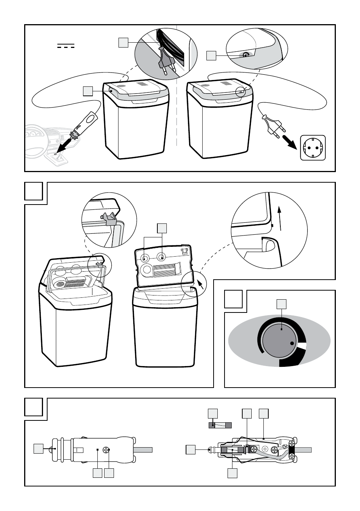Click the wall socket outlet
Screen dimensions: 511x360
click(x=312, y=148)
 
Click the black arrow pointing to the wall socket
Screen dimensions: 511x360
click(x=290, y=143)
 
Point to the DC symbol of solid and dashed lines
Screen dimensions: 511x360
click(x=66, y=46)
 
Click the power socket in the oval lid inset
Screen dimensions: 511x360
click(x=245, y=55)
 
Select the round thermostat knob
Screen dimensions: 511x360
click(x=279, y=340)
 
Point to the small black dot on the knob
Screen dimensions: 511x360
click(x=292, y=343)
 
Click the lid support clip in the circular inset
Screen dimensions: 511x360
click(x=108, y=219)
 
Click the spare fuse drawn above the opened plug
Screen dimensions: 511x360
click(x=220, y=425)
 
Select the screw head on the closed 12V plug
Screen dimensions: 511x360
click(x=106, y=450)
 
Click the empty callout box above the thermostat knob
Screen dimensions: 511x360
click(x=282, y=304)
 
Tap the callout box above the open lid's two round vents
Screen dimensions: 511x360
click(x=162, y=228)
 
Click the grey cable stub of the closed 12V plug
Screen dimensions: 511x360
click(x=143, y=450)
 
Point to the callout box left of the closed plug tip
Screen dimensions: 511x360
click(x=38, y=448)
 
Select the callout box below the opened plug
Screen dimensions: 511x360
click(x=232, y=473)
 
